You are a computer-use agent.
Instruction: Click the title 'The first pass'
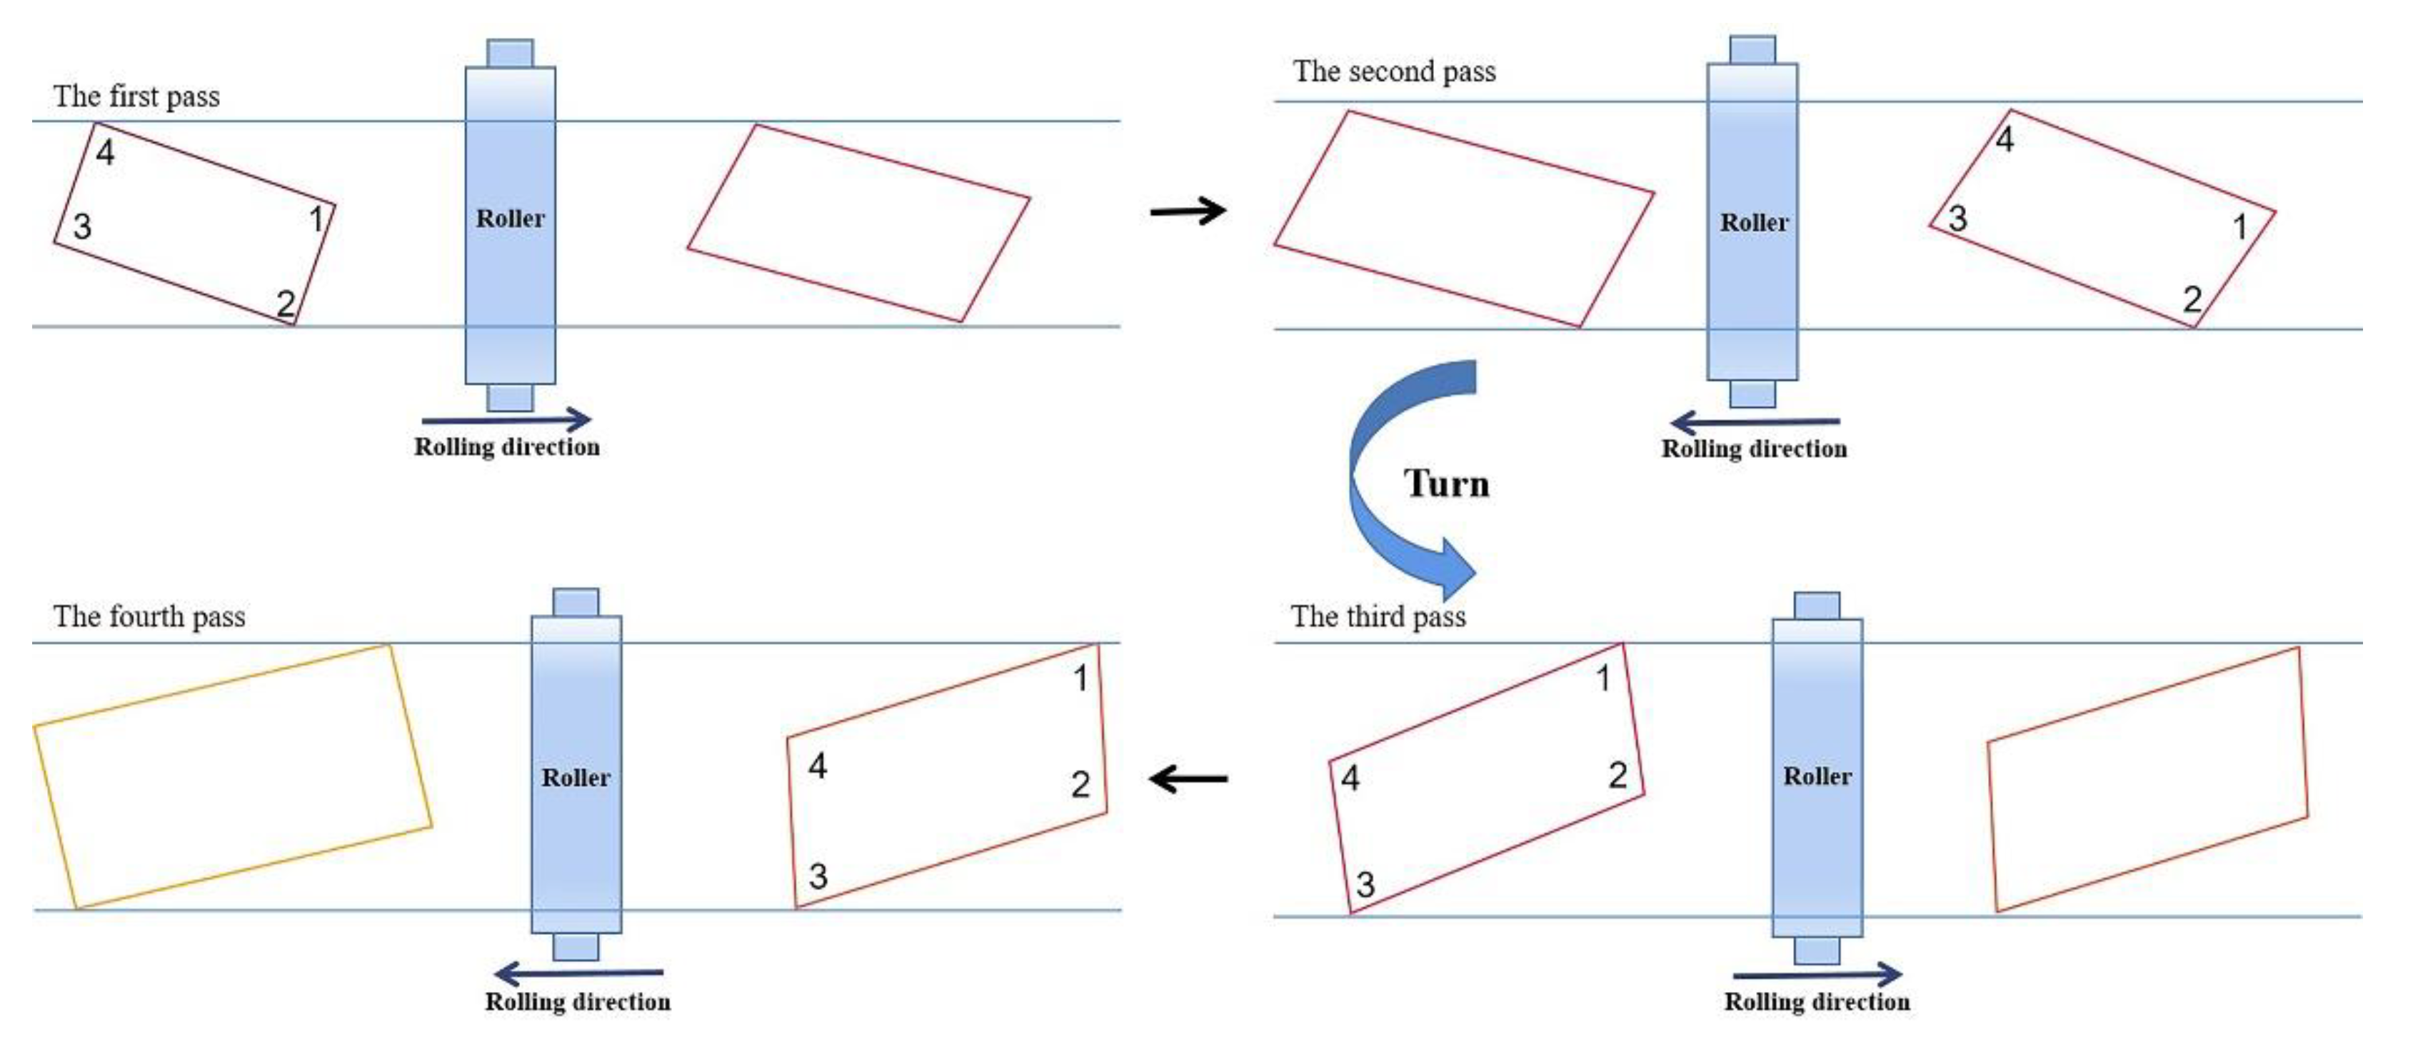[x=136, y=96]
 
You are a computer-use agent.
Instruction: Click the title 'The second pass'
[x=1394, y=71]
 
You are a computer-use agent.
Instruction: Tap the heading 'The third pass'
[x=1378, y=616]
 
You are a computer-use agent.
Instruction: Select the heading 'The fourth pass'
[x=149, y=616]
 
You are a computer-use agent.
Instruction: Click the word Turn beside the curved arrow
[x=1447, y=484]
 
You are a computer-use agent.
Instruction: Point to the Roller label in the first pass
[x=510, y=219]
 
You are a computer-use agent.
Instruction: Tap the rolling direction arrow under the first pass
[x=506, y=420]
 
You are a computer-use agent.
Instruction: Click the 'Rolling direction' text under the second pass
[x=1753, y=449]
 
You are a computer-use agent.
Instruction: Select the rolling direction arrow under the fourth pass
[x=578, y=973]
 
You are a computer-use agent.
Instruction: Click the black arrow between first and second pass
[x=1188, y=210]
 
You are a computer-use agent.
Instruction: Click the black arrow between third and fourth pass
[x=1188, y=779]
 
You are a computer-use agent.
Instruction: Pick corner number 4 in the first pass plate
[x=106, y=152]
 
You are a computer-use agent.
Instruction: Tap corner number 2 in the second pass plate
[x=2192, y=299]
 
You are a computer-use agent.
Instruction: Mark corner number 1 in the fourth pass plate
[x=1080, y=678]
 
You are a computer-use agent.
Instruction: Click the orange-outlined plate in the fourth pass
[x=232, y=776]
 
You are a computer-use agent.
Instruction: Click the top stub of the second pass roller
[x=1752, y=50]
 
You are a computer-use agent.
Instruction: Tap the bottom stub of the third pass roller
[x=1816, y=951]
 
